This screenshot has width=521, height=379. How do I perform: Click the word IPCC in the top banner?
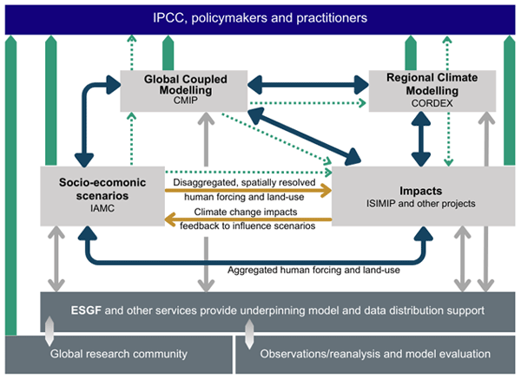pos(170,17)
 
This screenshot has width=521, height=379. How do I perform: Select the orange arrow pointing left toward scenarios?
pos(249,220)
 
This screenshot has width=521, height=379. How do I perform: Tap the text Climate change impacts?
pos(247,211)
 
